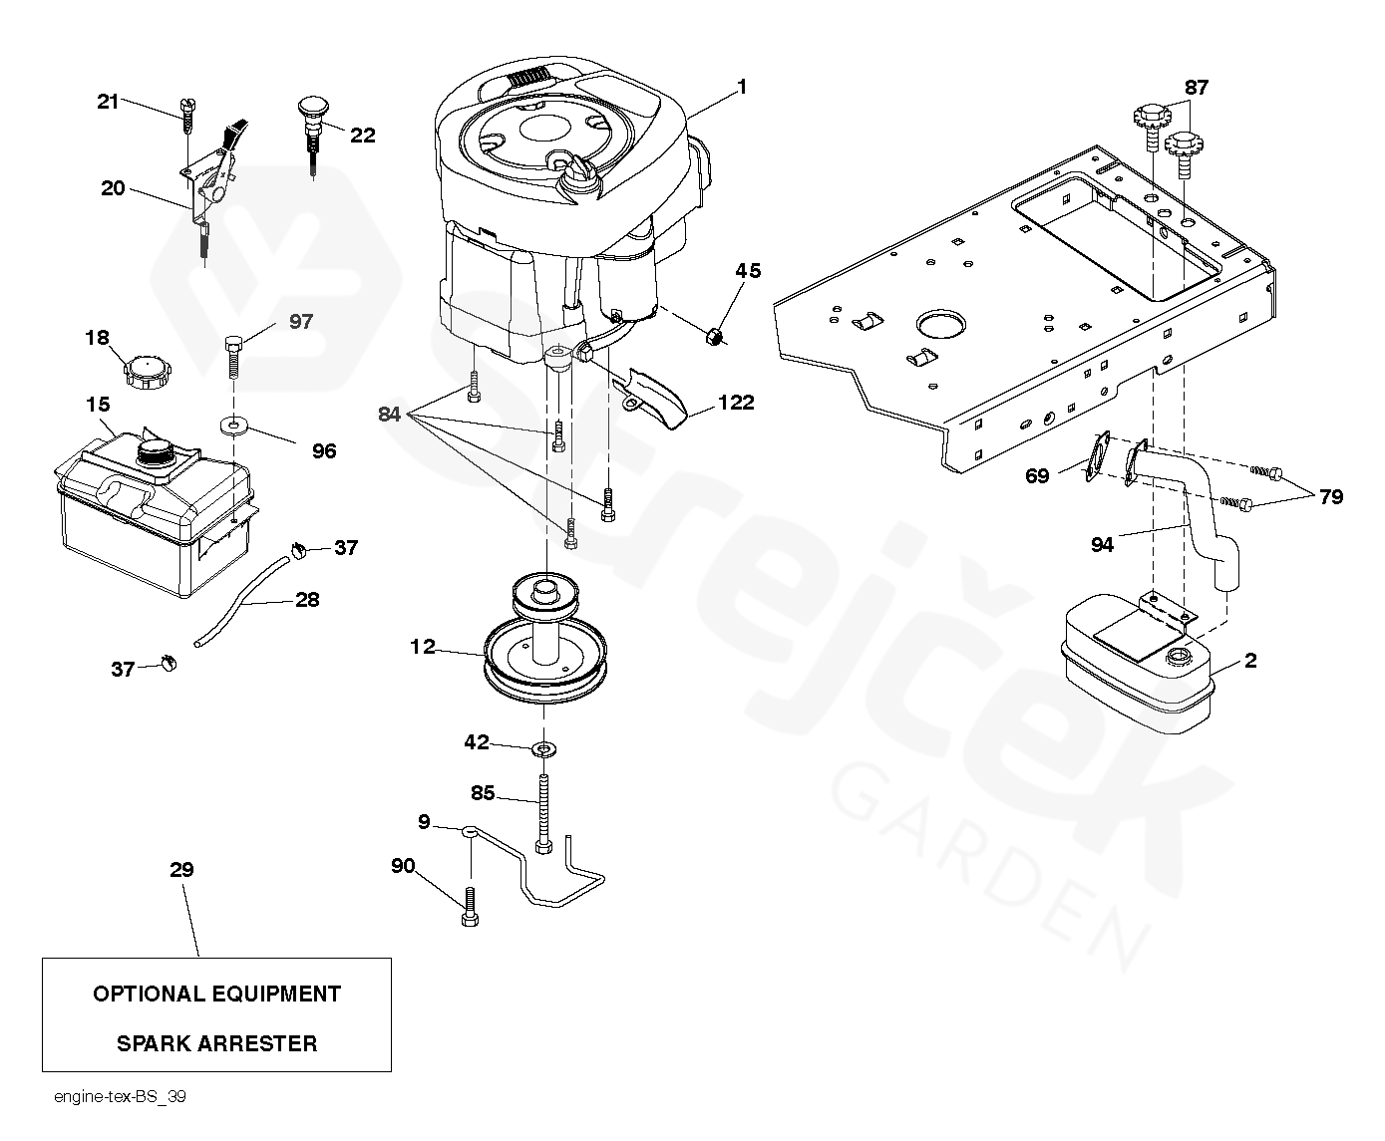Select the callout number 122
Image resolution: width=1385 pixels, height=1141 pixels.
[x=735, y=404]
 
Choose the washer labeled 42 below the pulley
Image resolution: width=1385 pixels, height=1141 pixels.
[x=544, y=747]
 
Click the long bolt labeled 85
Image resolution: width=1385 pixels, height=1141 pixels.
[x=543, y=811]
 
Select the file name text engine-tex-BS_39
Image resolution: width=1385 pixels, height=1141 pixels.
[x=121, y=1097]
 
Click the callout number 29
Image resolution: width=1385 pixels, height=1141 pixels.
[x=180, y=870]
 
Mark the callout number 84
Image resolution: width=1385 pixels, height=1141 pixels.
[x=390, y=415]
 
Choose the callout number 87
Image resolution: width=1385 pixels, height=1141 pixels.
[x=1196, y=88]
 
